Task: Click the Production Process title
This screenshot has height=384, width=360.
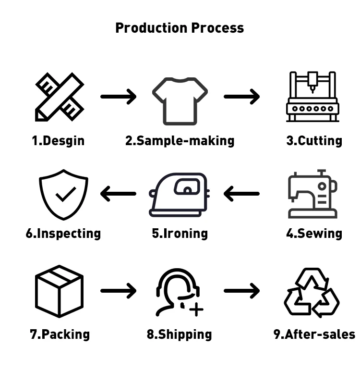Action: click(x=180, y=28)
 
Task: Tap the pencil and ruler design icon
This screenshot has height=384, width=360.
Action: click(x=60, y=97)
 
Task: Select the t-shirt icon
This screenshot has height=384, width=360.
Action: click(x=180, y=100)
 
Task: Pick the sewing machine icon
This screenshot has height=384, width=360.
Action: click(x=312, y=194)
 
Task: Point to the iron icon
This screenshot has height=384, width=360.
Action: click(x=180, y=195)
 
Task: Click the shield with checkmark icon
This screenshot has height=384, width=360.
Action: click(x=63, y=194)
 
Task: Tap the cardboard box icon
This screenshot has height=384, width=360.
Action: click(x=60, y=291)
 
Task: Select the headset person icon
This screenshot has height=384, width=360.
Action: click(x=179, y=292)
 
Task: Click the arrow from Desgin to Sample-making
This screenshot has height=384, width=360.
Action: click(x=119, y=97)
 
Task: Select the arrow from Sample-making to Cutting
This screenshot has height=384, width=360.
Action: click(x=242, y=97)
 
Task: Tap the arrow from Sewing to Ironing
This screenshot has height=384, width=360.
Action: click(x=241, y=194)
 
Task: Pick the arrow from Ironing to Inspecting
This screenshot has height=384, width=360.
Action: click(x=118, y=194)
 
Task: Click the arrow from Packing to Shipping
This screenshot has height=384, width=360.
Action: click(x=119, y=291)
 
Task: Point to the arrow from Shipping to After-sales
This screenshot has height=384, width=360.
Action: click(x=242, y=291)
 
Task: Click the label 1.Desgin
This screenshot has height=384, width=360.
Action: click(x=58, y=141)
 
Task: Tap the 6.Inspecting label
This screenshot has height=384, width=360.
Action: click(x=63, y=234)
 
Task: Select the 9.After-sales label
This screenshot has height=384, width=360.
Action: click(x=314, y=334)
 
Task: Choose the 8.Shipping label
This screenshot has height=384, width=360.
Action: click(x=179, y=334)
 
